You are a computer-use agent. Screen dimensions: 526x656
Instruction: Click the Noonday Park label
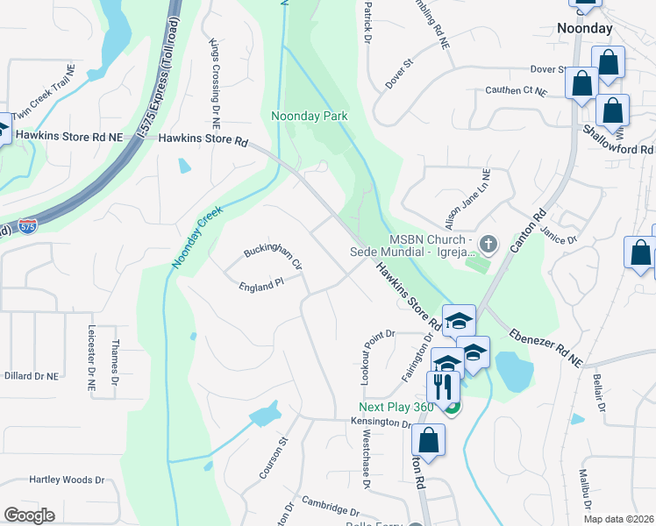point(309,116)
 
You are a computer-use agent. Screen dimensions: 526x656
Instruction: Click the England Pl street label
point(262,285)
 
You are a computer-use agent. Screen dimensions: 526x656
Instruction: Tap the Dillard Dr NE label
point(31,375)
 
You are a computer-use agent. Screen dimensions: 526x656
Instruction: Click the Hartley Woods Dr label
point(67,480)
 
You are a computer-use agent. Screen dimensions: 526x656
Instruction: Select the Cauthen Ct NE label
point(516,90)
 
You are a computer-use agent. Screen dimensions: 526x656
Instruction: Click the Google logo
point(28,515)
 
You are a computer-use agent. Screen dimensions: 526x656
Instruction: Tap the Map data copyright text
point(617,519)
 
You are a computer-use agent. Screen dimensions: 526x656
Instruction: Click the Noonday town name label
point(585,28)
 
